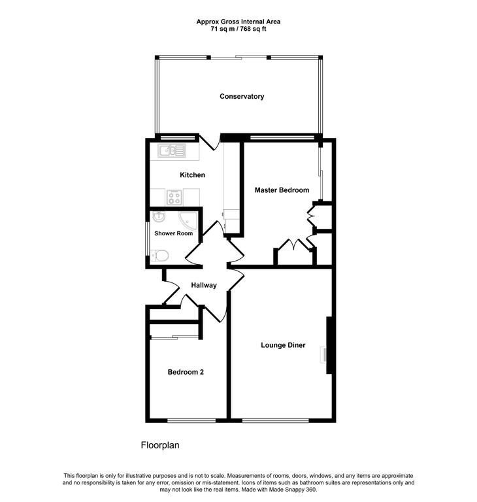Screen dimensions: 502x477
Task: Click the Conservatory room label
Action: (x=242, y=97)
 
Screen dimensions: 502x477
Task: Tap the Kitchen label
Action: (x=192, y=175)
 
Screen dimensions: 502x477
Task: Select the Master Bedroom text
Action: (x=282, y=190)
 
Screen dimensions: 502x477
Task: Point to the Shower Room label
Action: (x=173, y=233)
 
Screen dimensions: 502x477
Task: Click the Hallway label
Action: (x=204, y=286)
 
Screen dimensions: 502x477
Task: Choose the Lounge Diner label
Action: (x=283, y=345)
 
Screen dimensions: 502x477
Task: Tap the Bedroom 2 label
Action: (x=186, y=373)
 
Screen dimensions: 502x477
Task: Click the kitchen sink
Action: (x=172, y=152)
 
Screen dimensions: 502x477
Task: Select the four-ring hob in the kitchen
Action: (x=174, y=197)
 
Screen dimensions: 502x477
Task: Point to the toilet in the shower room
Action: (x=159, y=256)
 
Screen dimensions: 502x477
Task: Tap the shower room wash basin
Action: (x=159, y=218)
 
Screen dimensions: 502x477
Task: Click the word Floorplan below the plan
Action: (x=160, y=446)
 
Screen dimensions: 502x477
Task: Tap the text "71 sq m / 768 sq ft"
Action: (x=238, y=28)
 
